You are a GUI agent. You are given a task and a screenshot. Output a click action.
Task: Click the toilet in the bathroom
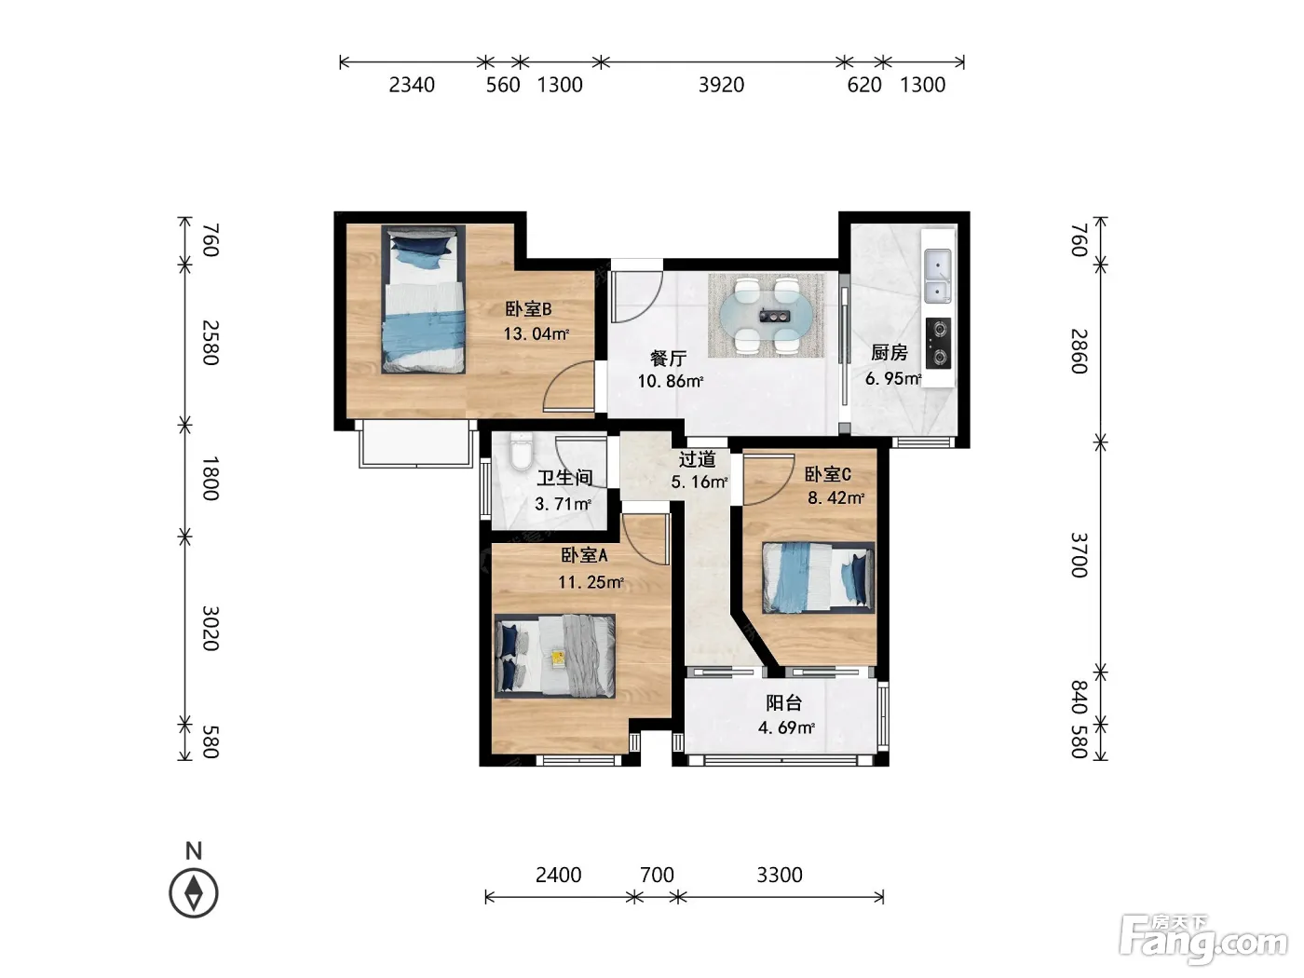pos(521,452)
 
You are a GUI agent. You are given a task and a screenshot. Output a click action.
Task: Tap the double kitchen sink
pos(937,276)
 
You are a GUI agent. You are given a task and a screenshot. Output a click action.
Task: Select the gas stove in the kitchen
pos(938,343)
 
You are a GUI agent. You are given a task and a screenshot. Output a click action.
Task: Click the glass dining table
pos(766,316)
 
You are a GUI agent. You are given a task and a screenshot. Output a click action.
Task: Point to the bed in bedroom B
pos(423,299)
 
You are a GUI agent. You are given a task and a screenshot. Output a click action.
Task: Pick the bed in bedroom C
pos(818,577)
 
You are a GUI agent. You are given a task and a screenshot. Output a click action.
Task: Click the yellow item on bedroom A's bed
pos(558,657)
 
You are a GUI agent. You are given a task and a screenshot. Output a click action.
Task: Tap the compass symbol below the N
pos(194,892)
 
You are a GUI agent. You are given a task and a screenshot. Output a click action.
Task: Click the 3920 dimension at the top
pos(721,85)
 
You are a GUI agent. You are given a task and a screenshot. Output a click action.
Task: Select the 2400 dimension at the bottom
pos(559,875)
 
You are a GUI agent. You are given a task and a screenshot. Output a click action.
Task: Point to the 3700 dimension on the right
pos(1079,555)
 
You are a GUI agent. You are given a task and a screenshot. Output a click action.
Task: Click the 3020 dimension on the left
pos(211,628)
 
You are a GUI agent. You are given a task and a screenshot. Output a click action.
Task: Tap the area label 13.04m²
pos(537,333)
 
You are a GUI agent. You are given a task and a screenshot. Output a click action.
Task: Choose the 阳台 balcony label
pos(784,703)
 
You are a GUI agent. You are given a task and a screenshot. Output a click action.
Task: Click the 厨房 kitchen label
pos(890,353)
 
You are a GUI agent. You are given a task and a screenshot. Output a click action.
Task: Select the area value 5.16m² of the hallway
pos(700,482)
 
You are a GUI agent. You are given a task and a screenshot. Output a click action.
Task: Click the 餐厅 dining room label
pos(669,358)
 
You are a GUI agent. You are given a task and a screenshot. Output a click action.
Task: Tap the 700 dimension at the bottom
pos(657,875)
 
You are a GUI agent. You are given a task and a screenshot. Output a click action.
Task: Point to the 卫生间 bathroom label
pos(565,478)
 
